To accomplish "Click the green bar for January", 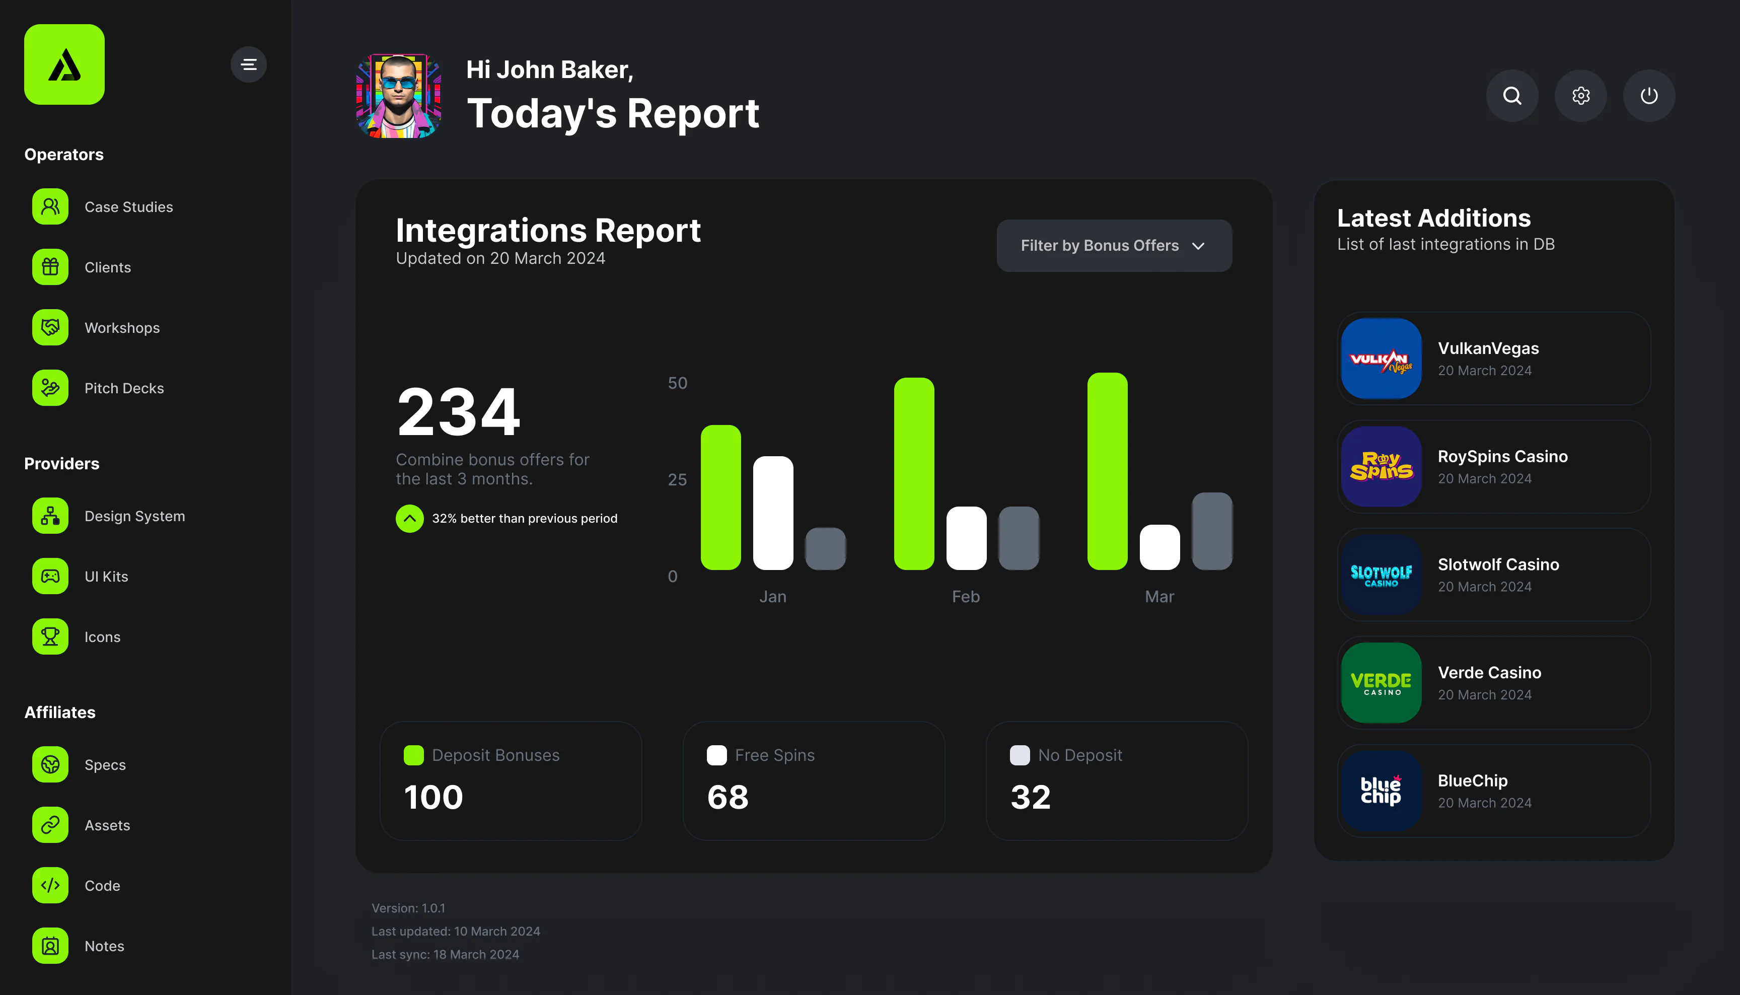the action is click(721, 497).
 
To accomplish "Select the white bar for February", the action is click(966, 538).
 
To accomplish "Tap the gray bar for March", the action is click(1212, 531).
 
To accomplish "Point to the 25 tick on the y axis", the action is click(677, 480).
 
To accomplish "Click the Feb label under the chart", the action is click(966, 597).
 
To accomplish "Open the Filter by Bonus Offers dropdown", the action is click(1114, 245).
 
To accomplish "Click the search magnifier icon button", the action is click(1512, 96).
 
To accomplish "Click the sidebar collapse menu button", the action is click(249, 64).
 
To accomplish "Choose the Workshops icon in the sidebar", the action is click(50, 327).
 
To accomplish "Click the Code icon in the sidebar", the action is click(50, 885).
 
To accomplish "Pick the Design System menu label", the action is click(134, 516).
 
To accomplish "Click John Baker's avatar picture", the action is click(399, 96).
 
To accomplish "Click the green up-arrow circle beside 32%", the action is click(410, 518).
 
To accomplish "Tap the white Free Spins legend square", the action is click(716, 755).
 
